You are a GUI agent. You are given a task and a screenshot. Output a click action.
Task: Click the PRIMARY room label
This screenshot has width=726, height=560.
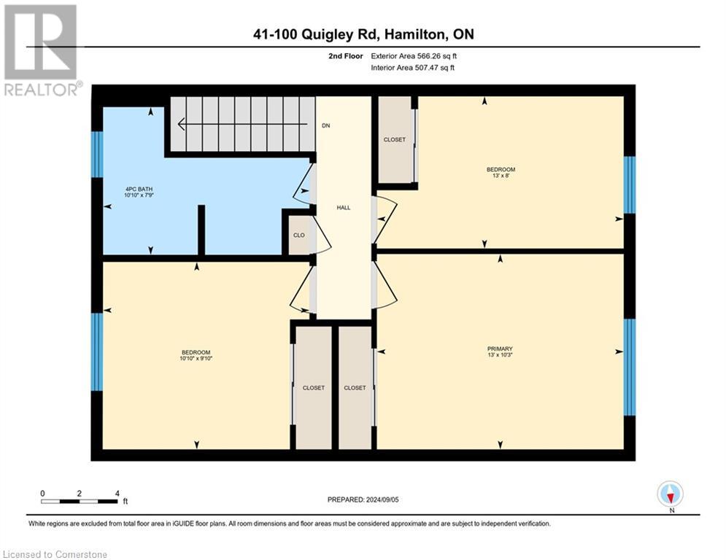(501, 349)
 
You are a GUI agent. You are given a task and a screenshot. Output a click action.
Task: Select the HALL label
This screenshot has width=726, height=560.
(343, 208)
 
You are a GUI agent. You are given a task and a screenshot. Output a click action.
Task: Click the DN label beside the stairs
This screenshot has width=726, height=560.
(325, 125)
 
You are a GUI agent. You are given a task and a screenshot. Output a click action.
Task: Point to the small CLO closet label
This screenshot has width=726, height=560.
(299, 236)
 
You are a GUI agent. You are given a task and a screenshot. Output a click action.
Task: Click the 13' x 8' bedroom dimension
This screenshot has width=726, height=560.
(501, 176)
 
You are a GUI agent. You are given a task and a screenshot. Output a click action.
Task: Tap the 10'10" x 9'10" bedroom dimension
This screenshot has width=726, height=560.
(196, 359)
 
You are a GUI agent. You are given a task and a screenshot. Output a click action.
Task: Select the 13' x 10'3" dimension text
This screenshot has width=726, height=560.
(501, 355)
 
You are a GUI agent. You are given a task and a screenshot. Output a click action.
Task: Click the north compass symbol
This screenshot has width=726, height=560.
(670, 494)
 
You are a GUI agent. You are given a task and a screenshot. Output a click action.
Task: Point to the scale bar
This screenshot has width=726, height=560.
(79, 501)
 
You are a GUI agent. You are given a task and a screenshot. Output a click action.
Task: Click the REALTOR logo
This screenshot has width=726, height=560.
(41, 50)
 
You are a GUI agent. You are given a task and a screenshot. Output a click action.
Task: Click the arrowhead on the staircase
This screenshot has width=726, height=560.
(181, 125)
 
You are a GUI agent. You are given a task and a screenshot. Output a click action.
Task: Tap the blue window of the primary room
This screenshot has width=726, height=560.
(629, 366)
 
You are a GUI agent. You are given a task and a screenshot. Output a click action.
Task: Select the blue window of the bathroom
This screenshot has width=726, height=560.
(97, 155)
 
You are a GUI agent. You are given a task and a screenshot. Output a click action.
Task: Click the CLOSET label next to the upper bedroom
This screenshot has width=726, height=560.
(394, 139)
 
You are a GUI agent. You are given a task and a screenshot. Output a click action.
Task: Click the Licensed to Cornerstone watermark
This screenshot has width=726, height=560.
(55, 555)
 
